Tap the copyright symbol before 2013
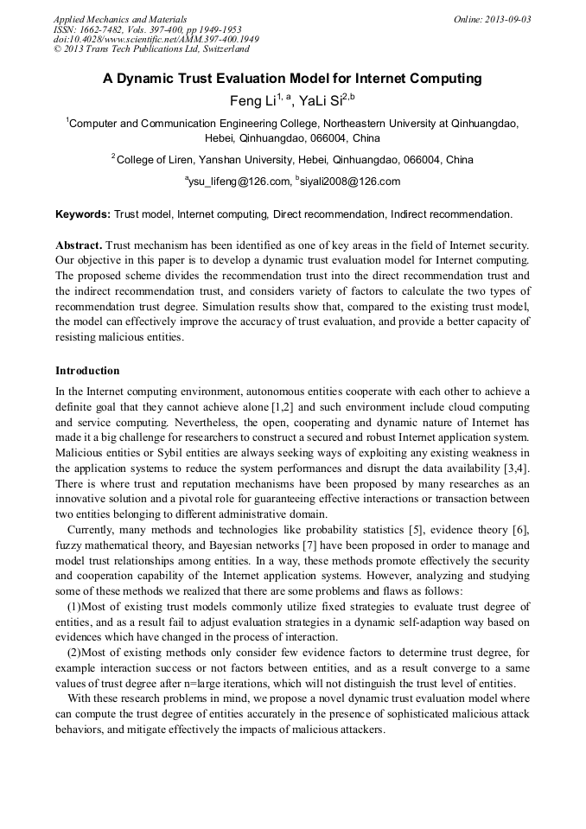(x=57, y=50)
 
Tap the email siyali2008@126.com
(x=350, y=182)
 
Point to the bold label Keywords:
(x=83, y=214)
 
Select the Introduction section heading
(x=87, y=371)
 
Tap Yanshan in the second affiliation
(x=223, y=160)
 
